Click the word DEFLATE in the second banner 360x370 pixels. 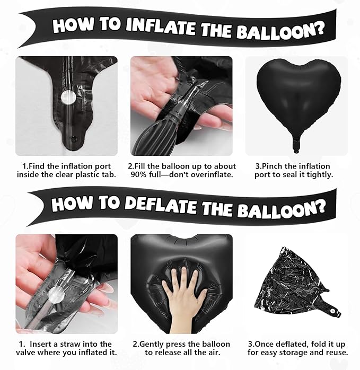click(x=161, y=205)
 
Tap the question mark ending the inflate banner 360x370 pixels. click(x=319, y=29)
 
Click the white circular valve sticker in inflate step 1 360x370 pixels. click(x=68, y=97)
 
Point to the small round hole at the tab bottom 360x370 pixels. click(x=74, y=139)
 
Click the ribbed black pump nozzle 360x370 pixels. click(x=156, y=132)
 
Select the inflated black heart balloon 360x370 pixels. click(x=298, y=101)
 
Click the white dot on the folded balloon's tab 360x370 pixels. click(x=332, y=311)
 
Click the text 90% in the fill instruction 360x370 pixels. click(x=138, y=175)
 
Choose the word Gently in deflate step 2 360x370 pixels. click(x=151, y=345)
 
